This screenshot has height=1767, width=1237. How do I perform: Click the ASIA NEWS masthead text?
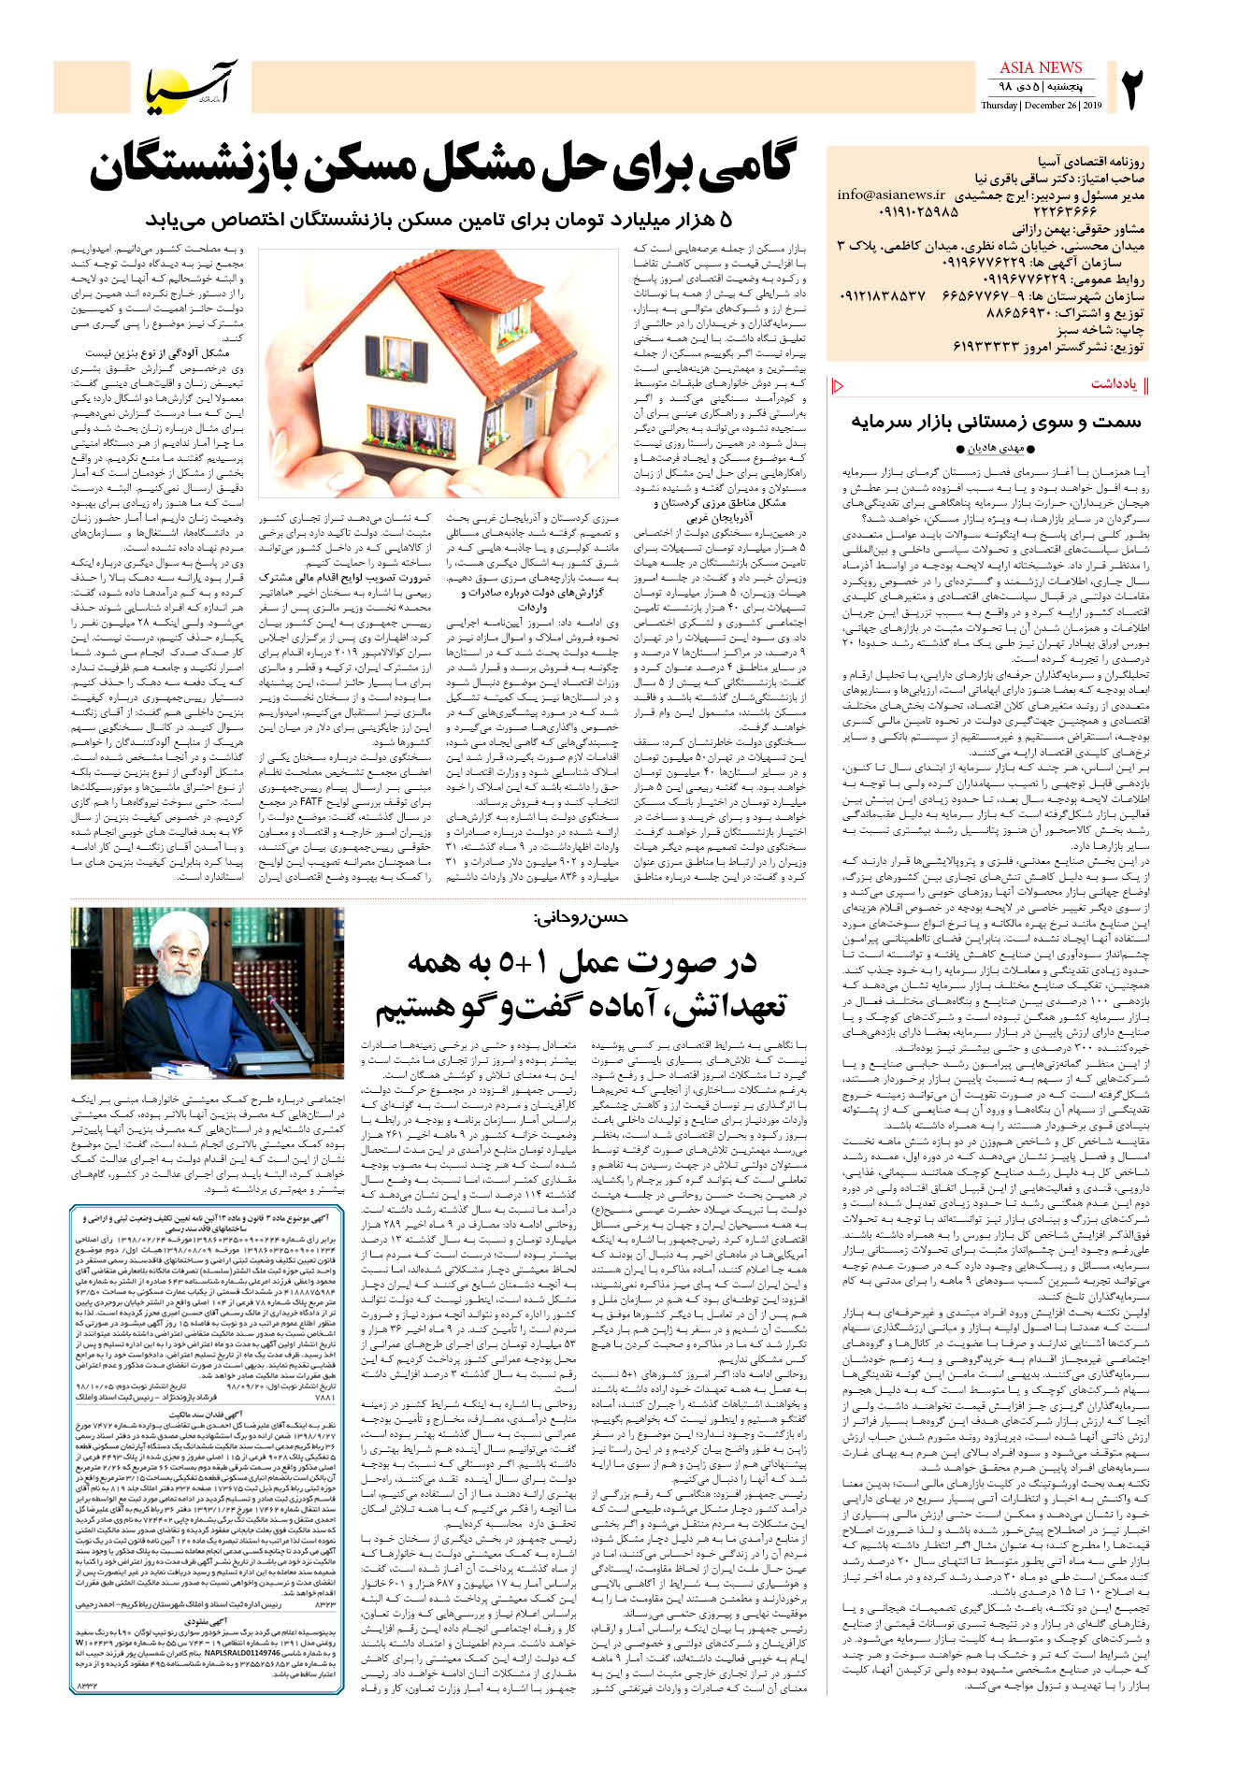coord(1040,67)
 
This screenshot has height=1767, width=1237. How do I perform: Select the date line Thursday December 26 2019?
coord(1041,106)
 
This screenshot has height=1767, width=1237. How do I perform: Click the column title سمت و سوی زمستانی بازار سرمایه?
coord(996,422)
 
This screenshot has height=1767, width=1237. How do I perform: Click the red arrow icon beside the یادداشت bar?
coord(837,385)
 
